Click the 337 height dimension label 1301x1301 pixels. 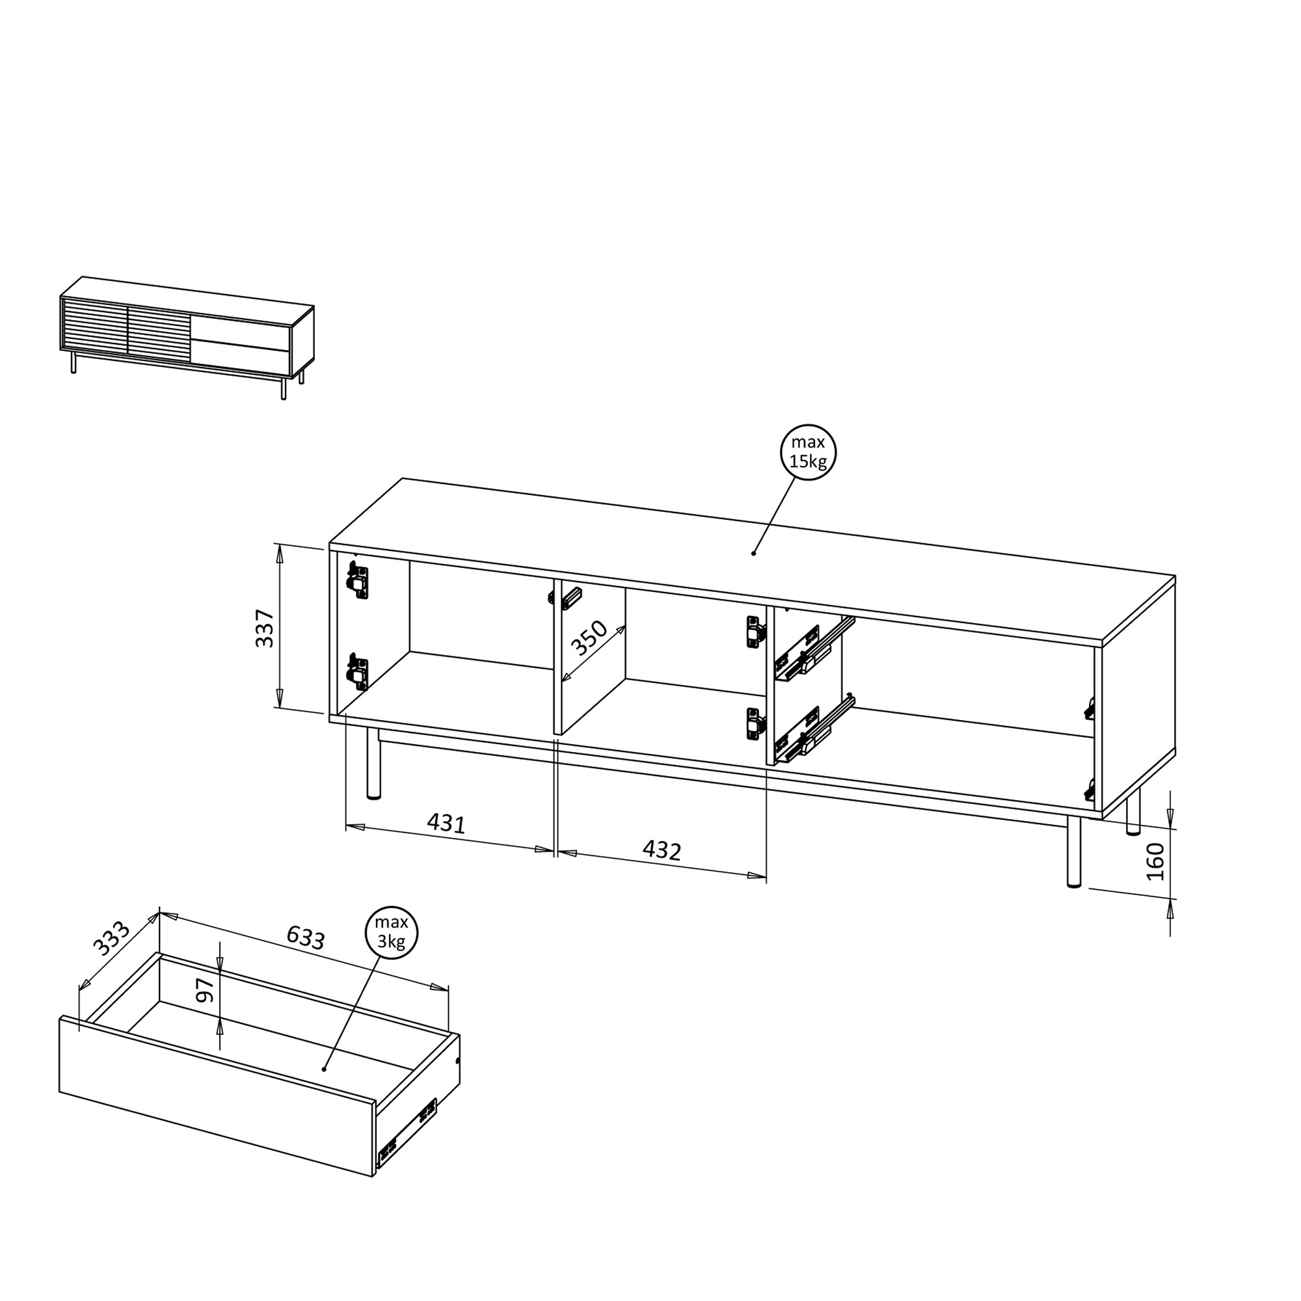(x=265, y=628)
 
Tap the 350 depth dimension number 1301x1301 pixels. (x=589, y=638)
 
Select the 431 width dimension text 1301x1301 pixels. (x=446, y=823)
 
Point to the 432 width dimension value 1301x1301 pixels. (x=662, y=850)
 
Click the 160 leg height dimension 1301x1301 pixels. (x=1155, y=861)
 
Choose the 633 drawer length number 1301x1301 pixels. (x=306, y=937)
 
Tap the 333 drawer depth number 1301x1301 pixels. (x=111, y=939)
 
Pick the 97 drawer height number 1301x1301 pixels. (x=205, y=989)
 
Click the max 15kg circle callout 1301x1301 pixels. (x=808, y=453)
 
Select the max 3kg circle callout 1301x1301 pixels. (x=391, y=933)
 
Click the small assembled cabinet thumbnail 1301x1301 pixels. (x=187, y=338)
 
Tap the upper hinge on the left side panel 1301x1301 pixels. (x=358, y=580)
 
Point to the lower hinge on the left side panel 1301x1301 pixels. (x=358, y=671)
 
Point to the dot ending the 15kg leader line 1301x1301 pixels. (x=753, y=553)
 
